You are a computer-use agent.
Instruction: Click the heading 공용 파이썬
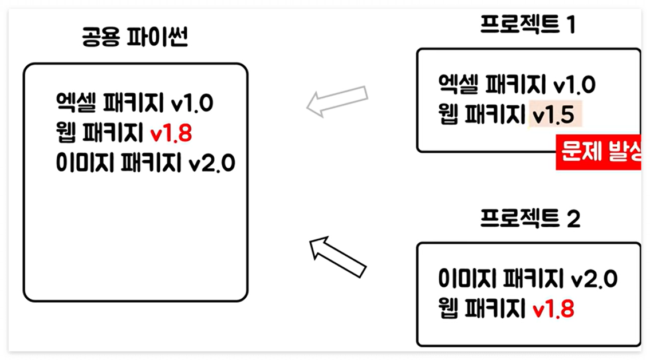pyautogui.click(x=136, y=39)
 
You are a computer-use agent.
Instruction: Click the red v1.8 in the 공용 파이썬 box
pyautogui.click(x=171, y=134)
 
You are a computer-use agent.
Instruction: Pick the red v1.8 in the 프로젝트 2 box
pyautogui.click(x=554, y=310)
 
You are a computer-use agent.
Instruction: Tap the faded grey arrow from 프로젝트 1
pyautogui.click(x=337, y=101)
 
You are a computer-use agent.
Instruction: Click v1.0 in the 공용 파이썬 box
pyautogui.click(x=192, y=105)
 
